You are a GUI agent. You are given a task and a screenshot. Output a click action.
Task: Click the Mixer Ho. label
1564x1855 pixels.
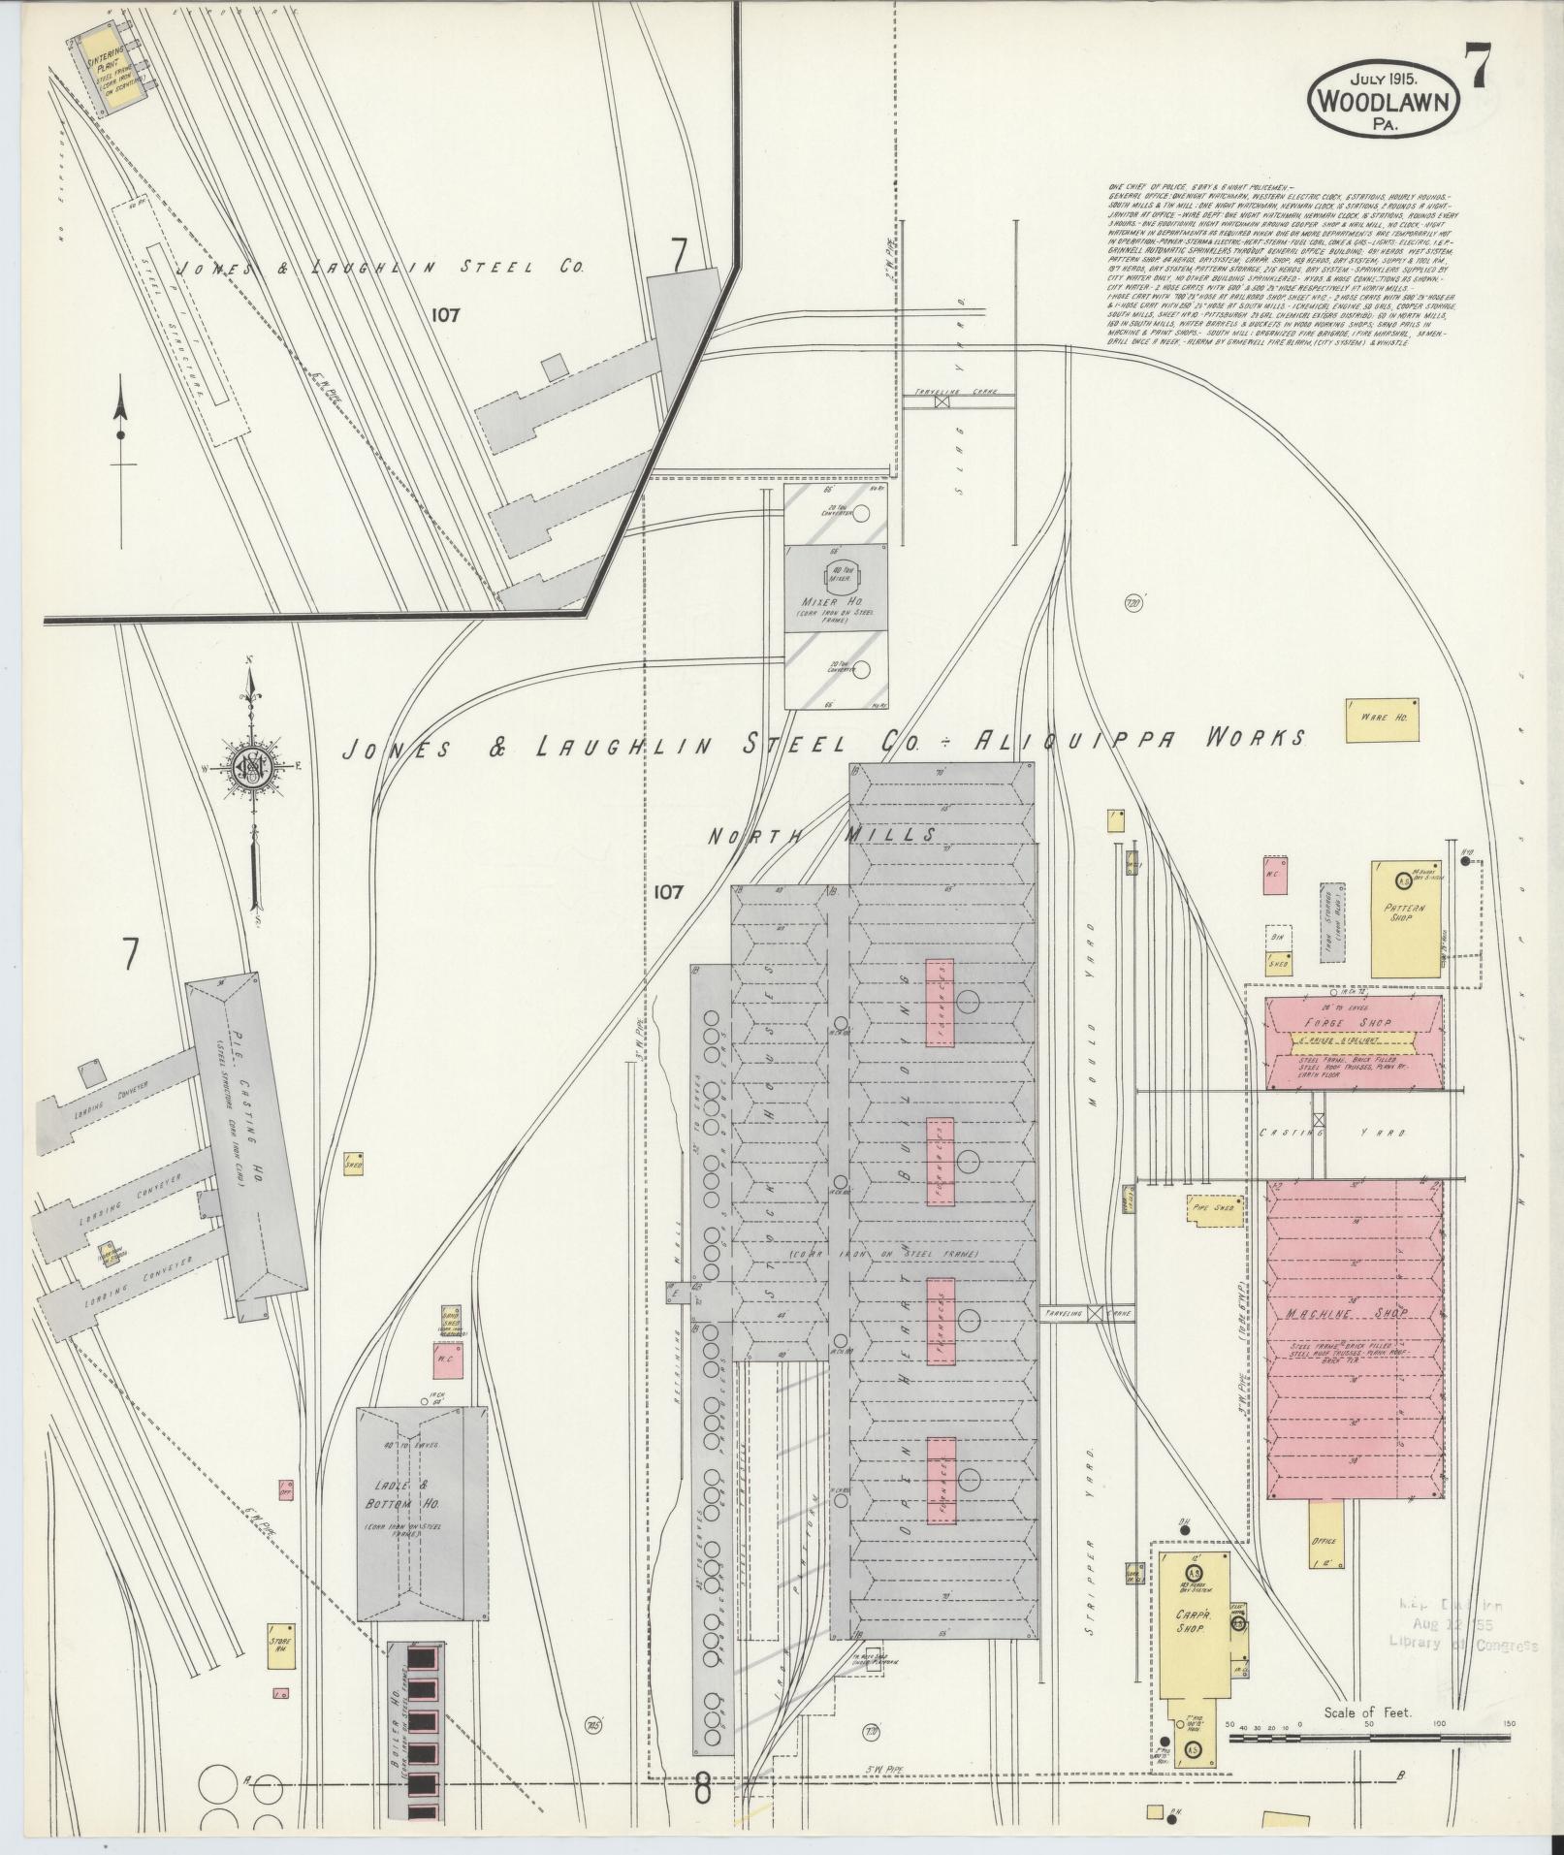coord(835,602)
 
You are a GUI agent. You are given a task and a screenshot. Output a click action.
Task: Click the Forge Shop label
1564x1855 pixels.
coord(1353,1023)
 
